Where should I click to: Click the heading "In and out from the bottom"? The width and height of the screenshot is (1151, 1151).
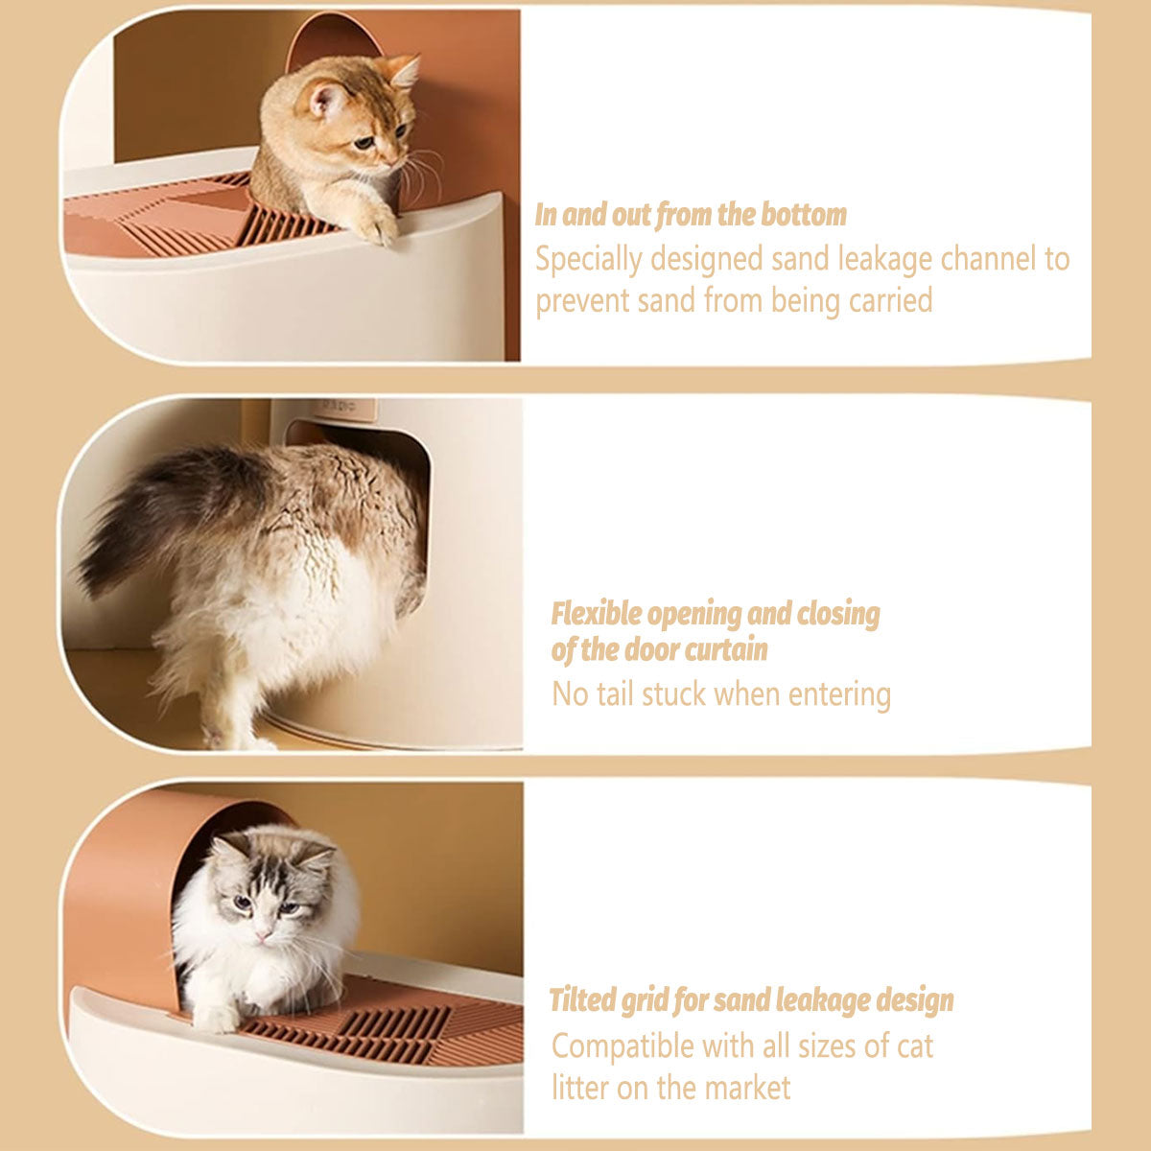[x=691, y=215]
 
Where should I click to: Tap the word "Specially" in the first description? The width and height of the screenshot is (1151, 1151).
[x=589, y=260]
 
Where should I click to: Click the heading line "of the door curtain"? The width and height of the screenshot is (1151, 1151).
[x=659, y=650]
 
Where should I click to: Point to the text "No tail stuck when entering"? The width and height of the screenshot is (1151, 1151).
[x=721, y=694]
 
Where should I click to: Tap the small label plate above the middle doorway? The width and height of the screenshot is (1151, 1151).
[x=344, y=408]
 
